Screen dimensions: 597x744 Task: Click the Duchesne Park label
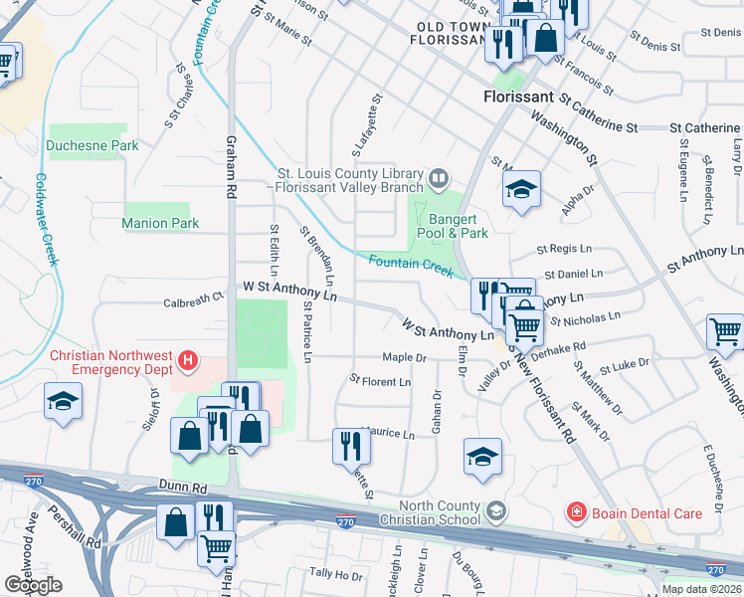pyautogui.click(x=93, y=145)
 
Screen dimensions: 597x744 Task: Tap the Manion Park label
pyautogui.click(x=160, y=224)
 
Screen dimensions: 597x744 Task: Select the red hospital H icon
pyautogui.click(x=186, y=358)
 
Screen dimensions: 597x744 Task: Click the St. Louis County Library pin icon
pyautogui.click(x=439, y=178)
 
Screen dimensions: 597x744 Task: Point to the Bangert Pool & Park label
pyautogui.click(x=459, y=226)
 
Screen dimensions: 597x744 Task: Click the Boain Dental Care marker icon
pyautogui.click(x=575, y=513)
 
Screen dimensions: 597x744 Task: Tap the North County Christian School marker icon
pyautogui.click(x=495, y=513)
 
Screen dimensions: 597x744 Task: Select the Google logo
pyautogui.click(x=33, y=585)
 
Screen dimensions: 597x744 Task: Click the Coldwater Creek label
pyautogui.click(x=46, y=220)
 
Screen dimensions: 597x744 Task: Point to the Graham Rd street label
pyautogui.click(x=231, y=164)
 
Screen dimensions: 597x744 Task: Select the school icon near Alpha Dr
pyautogui.click(x=521, y=190)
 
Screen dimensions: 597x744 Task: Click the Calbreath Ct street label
pyautogui.click(x=194, y=299)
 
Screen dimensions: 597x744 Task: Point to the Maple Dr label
pyautogui.click(x=404, y=358)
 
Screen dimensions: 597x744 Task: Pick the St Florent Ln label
pyautogui.click(x=380, y=382)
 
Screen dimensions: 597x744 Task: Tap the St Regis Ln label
pyautogui.click(x=563, y=249)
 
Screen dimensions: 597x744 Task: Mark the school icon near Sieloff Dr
pyautogui.click(x=64, y=401)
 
